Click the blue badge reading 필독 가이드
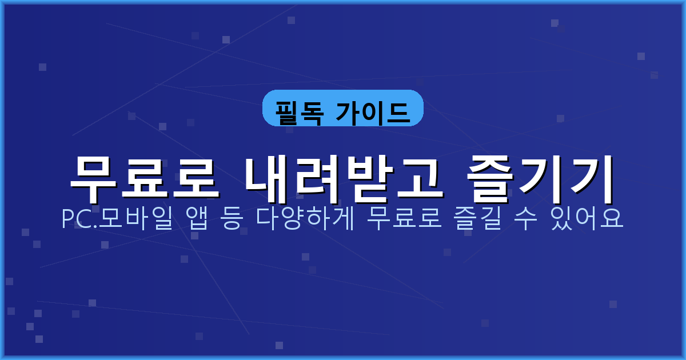342,108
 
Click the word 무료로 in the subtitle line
405,219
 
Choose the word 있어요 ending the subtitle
588,219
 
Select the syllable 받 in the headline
368,172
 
